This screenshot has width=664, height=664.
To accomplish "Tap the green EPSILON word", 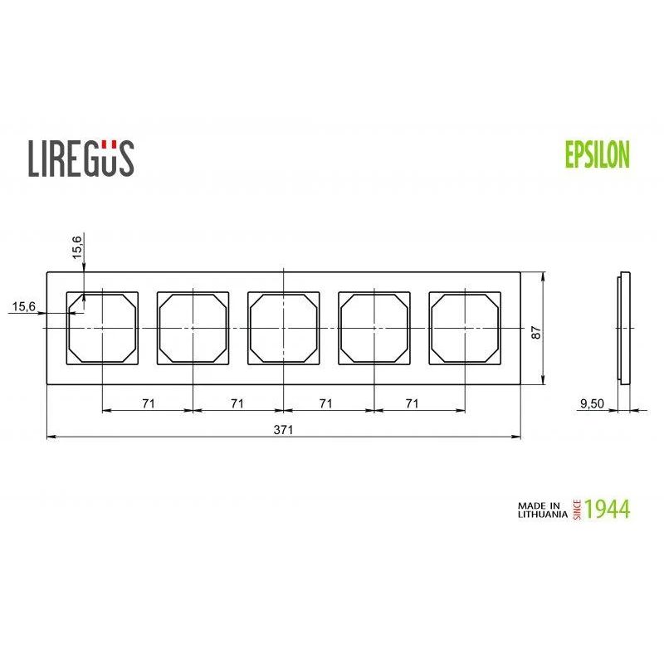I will pos(598,154).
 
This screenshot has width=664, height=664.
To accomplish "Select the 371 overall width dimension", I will pos(284,430).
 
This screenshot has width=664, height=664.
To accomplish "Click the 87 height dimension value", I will pos(537,330).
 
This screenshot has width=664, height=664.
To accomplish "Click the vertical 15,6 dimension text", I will pos(77,247).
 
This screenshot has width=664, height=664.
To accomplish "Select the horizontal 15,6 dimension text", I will pos(24,307).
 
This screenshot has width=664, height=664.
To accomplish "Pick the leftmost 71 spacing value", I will pos(148,403).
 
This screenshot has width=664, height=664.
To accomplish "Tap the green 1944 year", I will pos(608,509).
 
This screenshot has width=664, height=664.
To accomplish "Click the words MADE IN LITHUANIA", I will pos(540,509).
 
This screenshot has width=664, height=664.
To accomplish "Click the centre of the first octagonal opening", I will pos(102,328).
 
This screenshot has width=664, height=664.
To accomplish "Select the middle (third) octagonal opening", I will pos(284,328).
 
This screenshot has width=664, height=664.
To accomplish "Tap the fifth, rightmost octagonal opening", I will pos(465,328).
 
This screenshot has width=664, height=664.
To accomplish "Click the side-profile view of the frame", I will pos(623,328).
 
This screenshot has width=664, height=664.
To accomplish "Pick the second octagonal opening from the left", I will pos(193,328).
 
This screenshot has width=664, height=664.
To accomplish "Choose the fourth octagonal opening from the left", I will pos(374,328).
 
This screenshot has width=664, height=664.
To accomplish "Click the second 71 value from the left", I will pos(237,403).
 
